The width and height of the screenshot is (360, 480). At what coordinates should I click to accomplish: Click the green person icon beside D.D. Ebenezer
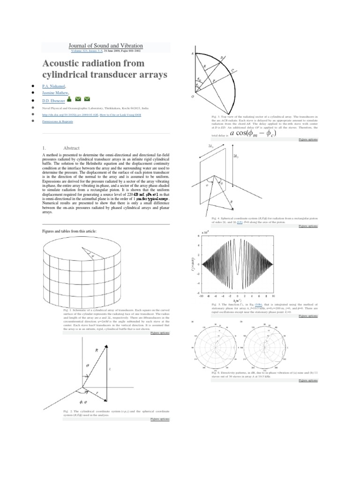(69, 99)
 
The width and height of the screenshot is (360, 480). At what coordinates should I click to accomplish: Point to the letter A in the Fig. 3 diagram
(192, 53)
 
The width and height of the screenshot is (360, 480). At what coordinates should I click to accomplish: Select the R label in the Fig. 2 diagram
(96, 350)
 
